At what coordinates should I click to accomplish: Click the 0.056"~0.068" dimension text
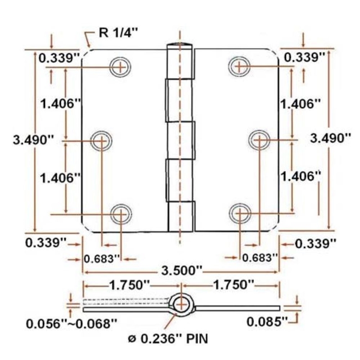tap(72, 323)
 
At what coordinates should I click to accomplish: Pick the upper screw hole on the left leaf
tap(121, 67)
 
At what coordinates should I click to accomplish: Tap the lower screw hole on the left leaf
tap(121, 213)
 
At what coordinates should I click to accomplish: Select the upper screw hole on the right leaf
tap(239, 67)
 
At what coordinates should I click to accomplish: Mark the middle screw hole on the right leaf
tap(258, 140)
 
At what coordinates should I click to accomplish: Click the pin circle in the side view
tap(181, 304)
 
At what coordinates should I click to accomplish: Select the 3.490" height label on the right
tap(331, 138)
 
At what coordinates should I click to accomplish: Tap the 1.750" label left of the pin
tap(128, 285)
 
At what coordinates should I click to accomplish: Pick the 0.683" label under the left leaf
tap(103, 258)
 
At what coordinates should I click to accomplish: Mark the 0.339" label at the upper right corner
tap(304, 57)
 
